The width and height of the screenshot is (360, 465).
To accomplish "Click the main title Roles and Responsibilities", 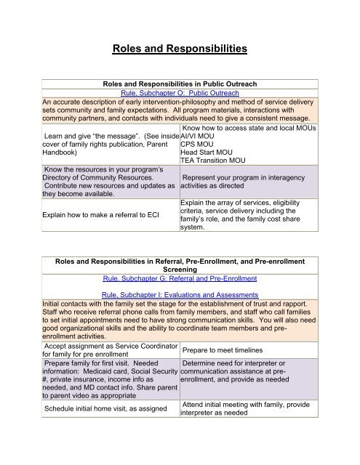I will coord(180,50).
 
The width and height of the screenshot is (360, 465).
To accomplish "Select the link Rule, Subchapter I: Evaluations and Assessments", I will coord(179,315).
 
